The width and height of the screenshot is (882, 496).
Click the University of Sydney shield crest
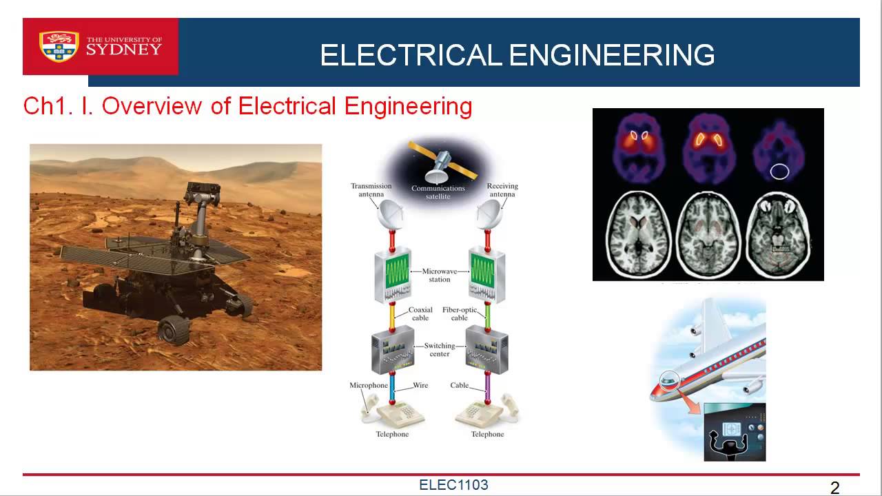point(59,46)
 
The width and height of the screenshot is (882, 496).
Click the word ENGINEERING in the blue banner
point(612,55)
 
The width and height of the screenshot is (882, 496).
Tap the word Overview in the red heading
point(152,106)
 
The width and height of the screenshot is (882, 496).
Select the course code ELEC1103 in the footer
point(453,484)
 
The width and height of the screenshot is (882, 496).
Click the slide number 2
point(834,488)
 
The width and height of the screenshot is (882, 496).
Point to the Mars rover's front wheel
point(173,330)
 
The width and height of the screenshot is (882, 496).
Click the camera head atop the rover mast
point(203,194)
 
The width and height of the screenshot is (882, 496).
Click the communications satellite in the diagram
point(442,162)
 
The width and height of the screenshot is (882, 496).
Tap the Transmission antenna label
point(371,189)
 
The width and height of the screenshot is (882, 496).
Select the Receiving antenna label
point(502,189)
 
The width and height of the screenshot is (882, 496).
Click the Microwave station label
point(440,275)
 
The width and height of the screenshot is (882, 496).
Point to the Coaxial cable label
point(420,313)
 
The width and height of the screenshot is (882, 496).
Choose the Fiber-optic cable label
point(460,313)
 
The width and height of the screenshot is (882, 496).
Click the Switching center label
point(440,349)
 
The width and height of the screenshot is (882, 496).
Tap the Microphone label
point(369,385)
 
